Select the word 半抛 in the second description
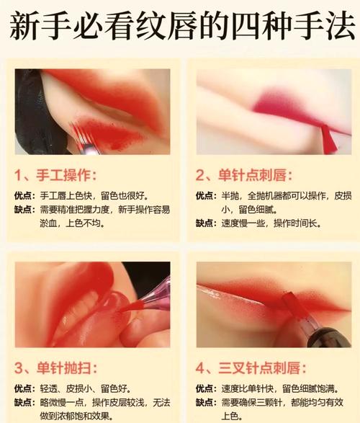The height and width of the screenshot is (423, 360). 230,195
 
